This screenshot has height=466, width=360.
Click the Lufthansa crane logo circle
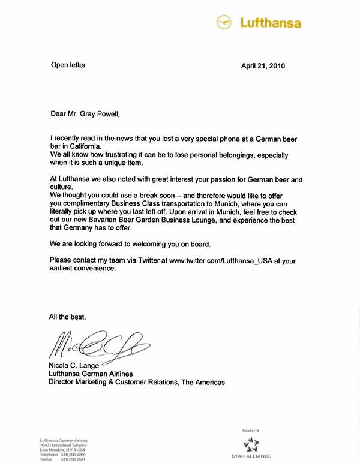click(x=224, y=23)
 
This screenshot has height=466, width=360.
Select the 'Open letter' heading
click(x=68, y=65)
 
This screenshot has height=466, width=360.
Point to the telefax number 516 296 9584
click(x=73, y=460)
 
